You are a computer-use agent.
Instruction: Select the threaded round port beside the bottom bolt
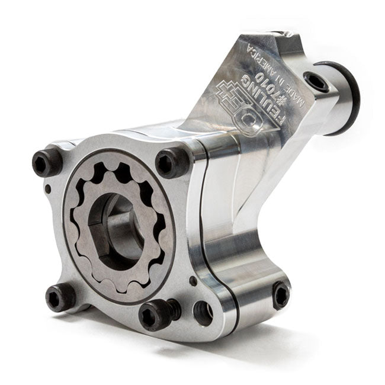(203, 313)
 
